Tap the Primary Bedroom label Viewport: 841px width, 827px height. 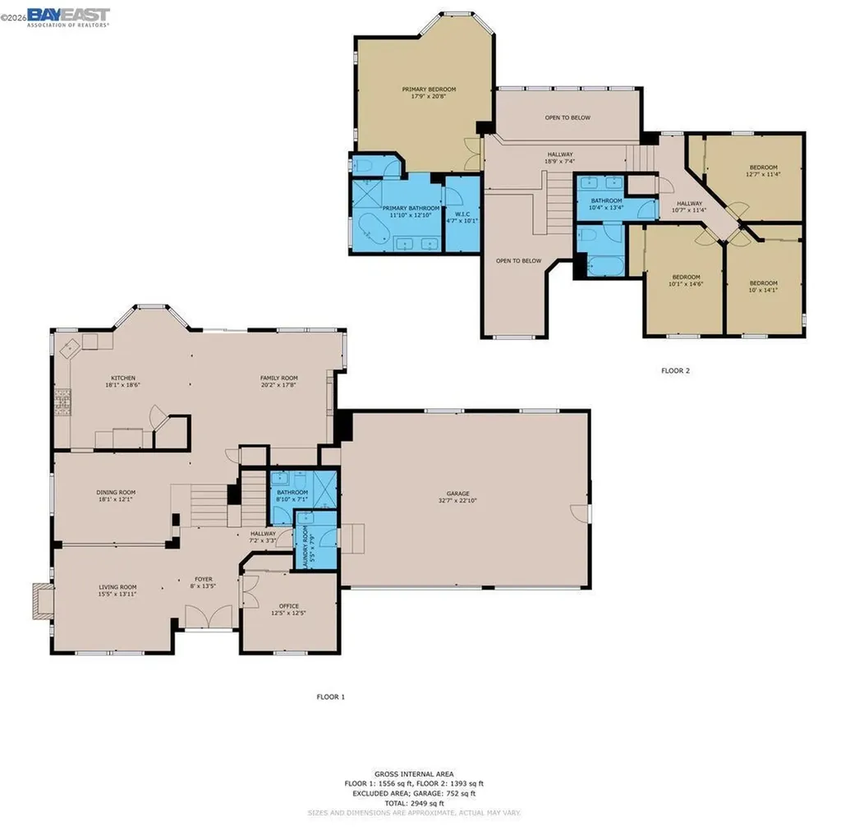428,90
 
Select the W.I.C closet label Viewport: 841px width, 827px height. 461,216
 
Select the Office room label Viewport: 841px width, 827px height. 288,607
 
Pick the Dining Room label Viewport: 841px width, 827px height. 115,492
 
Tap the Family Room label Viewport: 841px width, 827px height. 278,378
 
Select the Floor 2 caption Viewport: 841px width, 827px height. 675,370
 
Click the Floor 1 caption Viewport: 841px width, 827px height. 331,696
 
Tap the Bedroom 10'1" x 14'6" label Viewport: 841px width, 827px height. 685,277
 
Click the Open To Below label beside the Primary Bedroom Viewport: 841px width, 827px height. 567,117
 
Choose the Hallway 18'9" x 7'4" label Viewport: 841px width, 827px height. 558,154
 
